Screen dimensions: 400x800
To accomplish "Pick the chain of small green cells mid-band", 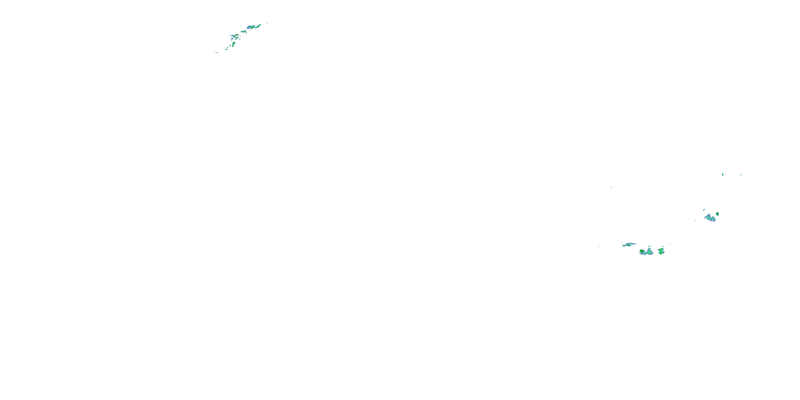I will coord(243,31).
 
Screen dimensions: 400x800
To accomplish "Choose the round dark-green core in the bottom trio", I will coord(642,251).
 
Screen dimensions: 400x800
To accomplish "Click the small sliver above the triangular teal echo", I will coord(649,247).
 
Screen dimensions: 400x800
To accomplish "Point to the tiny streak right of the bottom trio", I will coord(670,243).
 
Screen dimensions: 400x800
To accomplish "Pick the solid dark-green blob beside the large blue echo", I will coord(717,214).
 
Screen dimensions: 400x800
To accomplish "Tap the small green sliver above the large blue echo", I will coord(704,210).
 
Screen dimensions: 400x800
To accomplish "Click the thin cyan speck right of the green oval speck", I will coord(741,175).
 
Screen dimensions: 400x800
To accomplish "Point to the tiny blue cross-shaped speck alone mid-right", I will coord(611,187).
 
